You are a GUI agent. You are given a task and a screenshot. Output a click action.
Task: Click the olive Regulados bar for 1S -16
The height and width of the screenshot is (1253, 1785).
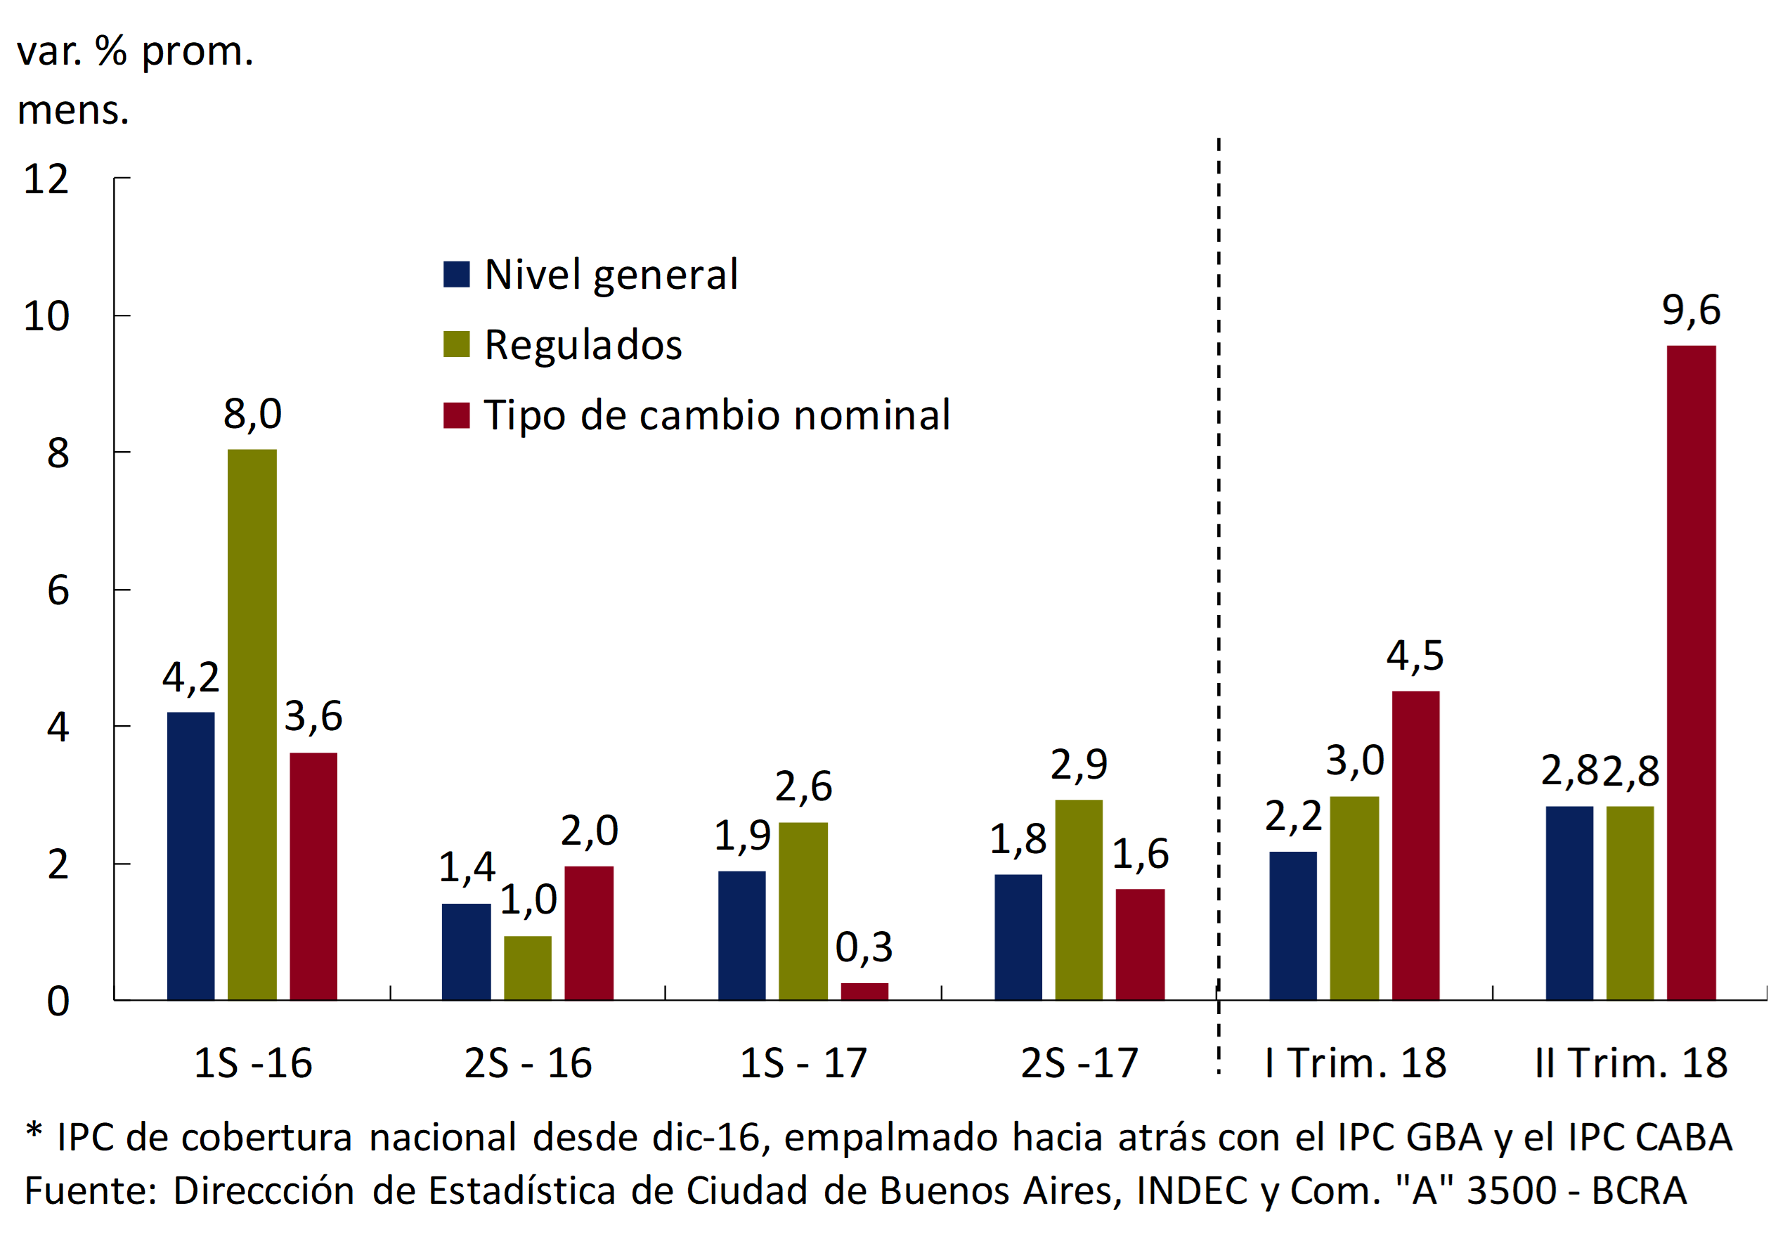tap(252, 725)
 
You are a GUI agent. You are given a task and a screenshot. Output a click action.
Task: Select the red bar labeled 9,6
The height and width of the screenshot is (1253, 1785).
tap(1691, 673)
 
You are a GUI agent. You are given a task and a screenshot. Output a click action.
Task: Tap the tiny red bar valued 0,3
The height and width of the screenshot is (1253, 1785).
tap(864, 992)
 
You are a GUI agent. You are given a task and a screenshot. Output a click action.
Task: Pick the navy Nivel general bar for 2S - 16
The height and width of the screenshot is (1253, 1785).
tap(466, 952)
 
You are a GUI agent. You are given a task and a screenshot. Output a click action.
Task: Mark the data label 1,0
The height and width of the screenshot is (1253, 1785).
tap(528, 900)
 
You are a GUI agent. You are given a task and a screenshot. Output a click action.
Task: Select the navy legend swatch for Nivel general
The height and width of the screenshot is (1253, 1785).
tap(456, 274)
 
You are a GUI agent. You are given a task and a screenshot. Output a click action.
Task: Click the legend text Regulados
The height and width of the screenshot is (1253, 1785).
tap(583, 345)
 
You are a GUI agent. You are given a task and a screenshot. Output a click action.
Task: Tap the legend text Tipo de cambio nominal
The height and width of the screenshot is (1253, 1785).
tap(717, 415)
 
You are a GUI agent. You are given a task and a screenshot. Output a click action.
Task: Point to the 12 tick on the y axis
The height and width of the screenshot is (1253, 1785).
tap(46, 180)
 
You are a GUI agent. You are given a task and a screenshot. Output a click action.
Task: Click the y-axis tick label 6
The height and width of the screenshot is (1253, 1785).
tap(58, 591)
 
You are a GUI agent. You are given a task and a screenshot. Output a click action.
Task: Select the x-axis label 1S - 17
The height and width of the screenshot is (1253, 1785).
tap(803, 1063)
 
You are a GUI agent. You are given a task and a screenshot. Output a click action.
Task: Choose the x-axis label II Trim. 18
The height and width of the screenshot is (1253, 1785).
tap(1630, 1063)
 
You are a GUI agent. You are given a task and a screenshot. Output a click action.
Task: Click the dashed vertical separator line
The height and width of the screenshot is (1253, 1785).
tap(1219, 544)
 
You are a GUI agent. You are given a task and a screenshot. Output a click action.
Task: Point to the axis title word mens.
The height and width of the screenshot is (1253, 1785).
tap(72, 110)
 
